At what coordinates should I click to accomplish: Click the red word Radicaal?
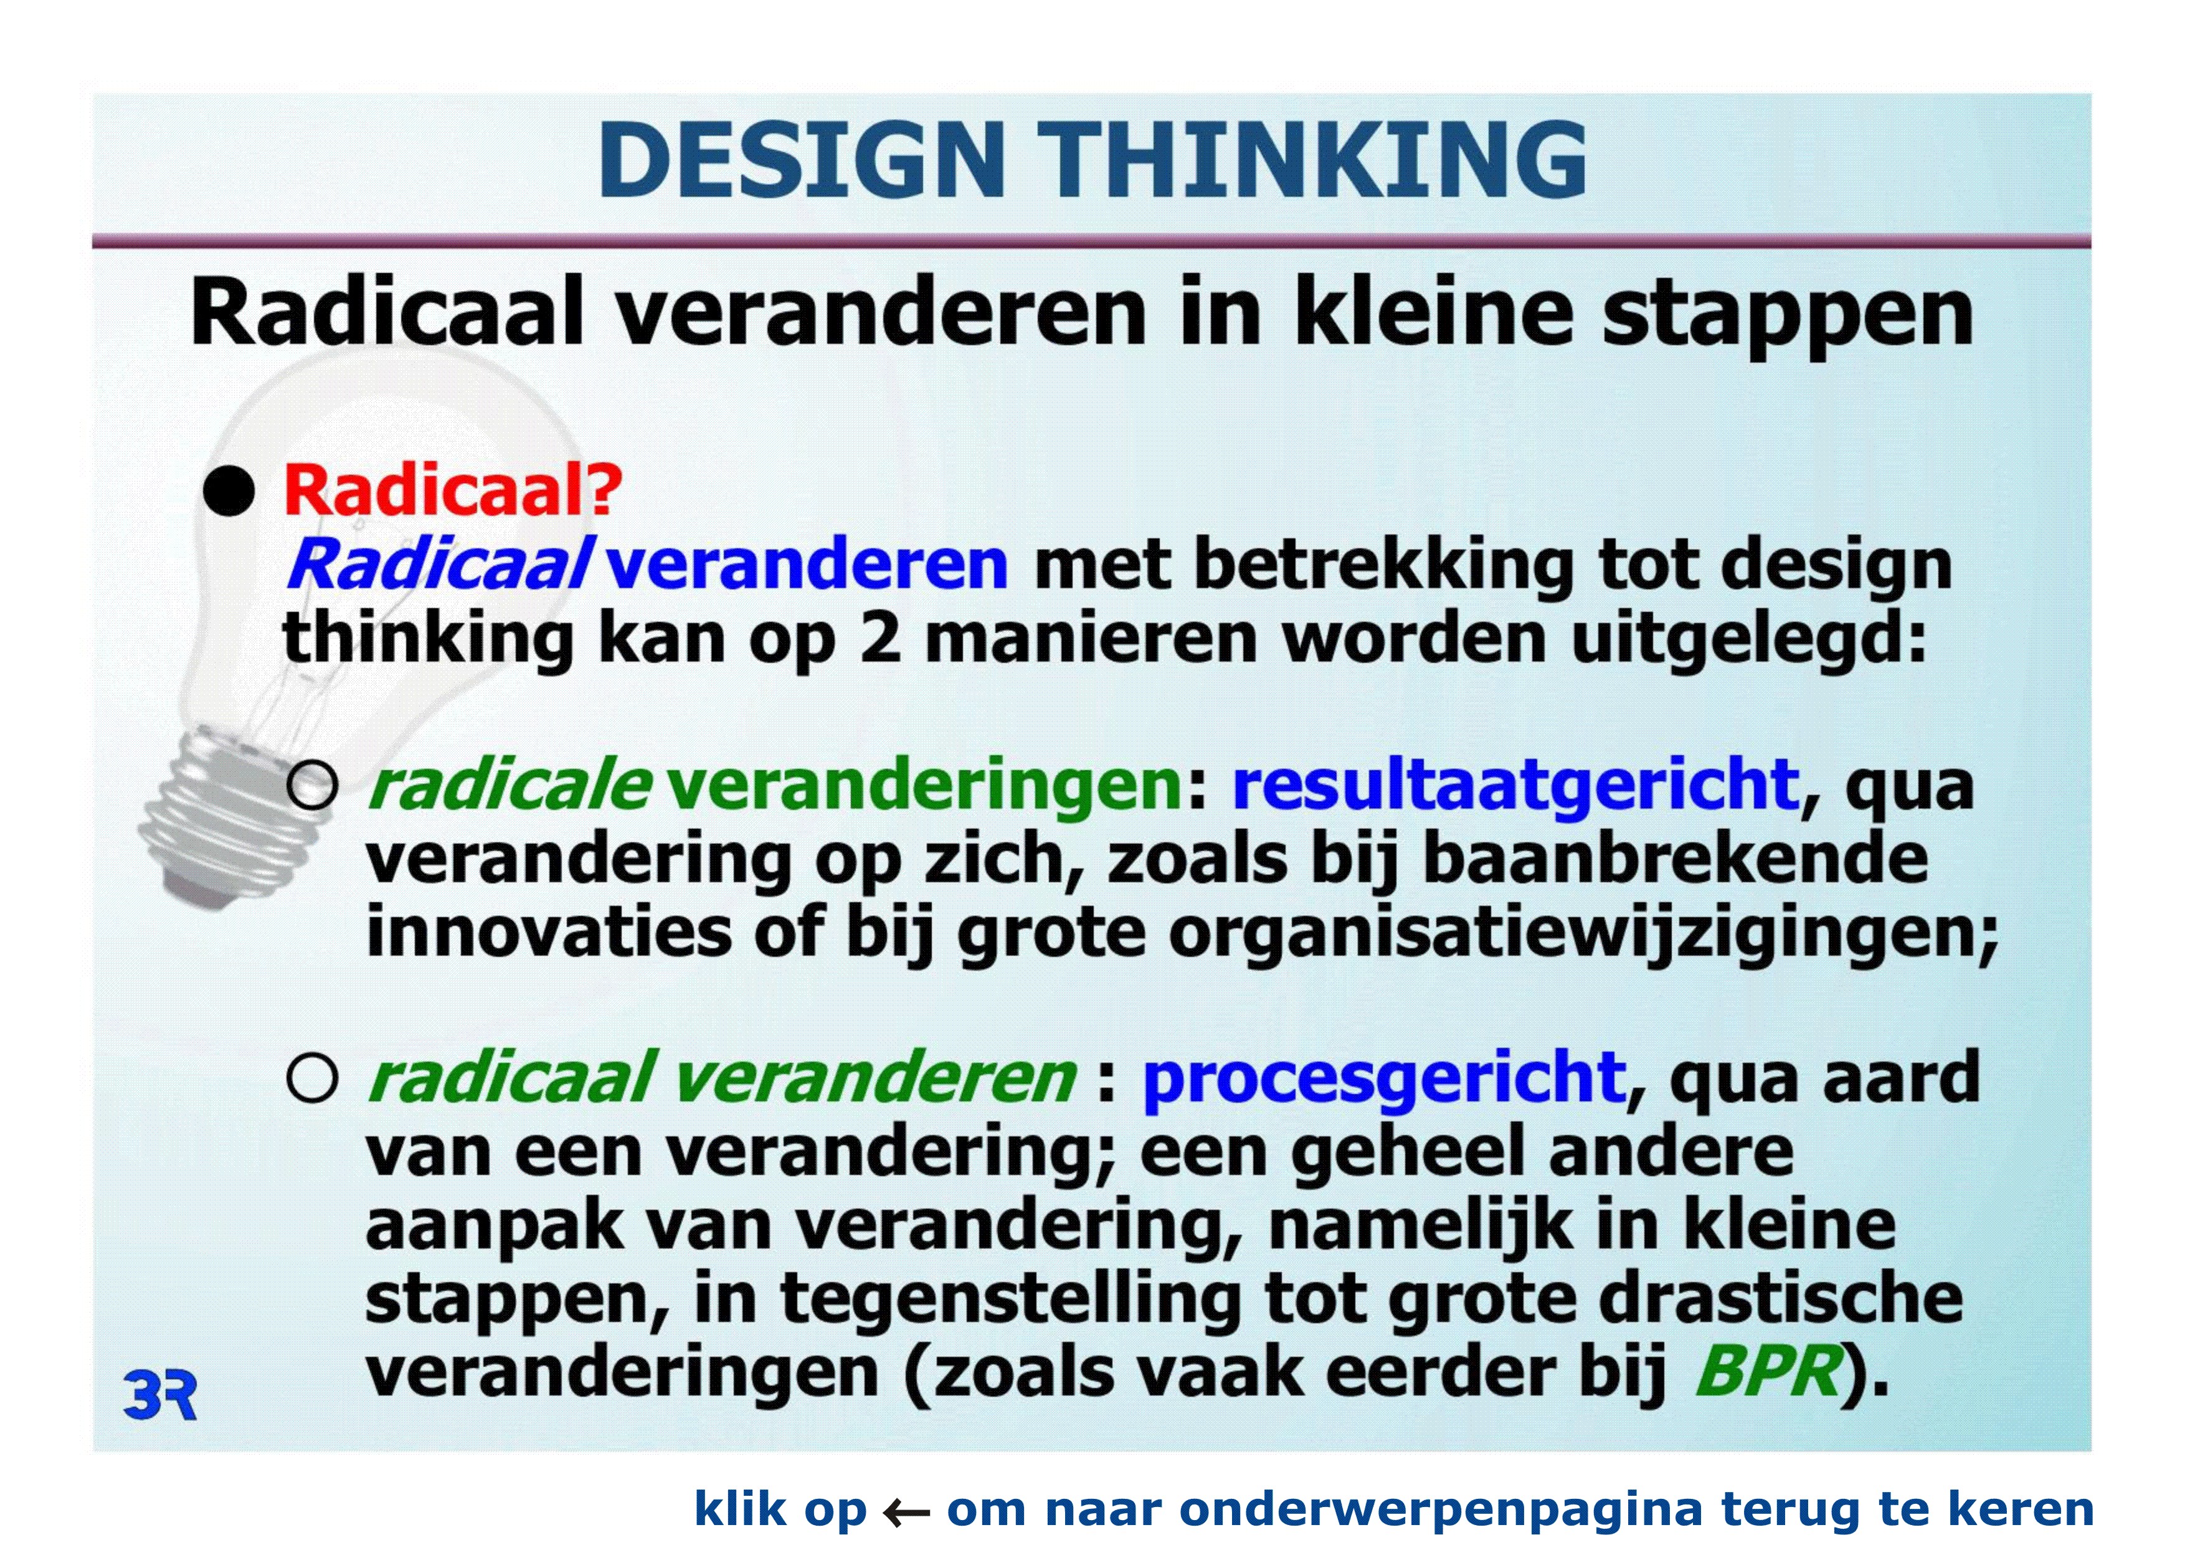tap(453, 491)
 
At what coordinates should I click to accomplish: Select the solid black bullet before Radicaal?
tap(229, 491)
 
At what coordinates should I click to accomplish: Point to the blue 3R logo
tap(160, 1397)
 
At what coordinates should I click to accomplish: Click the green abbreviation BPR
tap(1767, 1372)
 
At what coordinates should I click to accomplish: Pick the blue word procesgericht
tap(1384, 1080)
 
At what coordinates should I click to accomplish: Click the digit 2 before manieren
tap(879, 638)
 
